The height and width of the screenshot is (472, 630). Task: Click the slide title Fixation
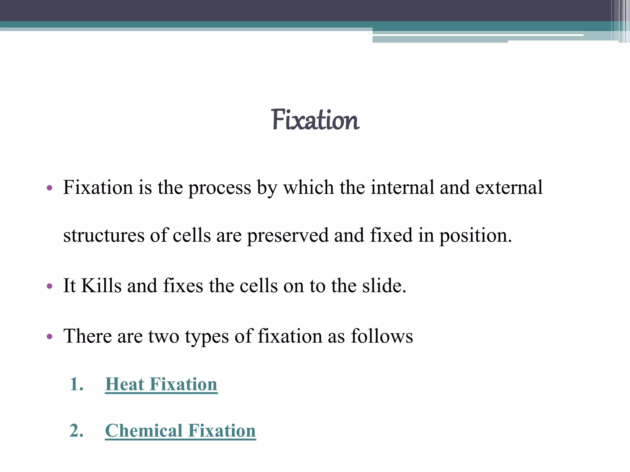315,120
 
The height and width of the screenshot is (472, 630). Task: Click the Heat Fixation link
161,384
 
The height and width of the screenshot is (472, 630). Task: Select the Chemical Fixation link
180,431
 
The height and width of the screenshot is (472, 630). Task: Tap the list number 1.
76,384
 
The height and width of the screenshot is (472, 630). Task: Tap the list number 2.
76,431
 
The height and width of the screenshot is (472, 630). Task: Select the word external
509,187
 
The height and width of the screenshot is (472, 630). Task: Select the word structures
104,235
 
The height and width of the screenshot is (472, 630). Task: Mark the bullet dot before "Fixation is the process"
50,188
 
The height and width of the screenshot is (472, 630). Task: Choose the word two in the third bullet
164,336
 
